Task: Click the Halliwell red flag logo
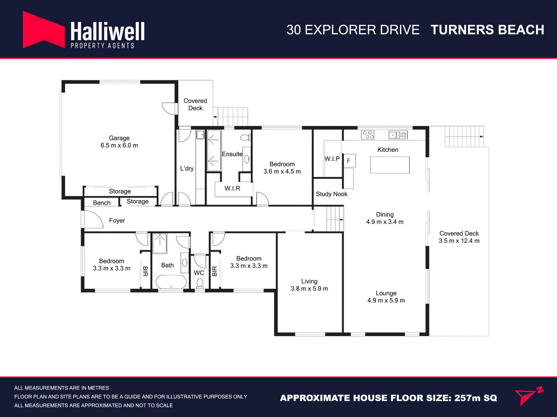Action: point(44,30)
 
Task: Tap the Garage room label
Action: point(119,138)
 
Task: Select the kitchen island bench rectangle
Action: point(390,165)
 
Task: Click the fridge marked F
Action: point(349,160)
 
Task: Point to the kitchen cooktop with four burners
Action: point(368,135)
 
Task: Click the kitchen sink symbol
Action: point(398,135)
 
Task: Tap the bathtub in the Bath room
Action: point(171,282)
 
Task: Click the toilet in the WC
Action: point(200,283)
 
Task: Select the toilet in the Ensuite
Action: point(246,137)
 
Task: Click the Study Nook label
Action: point(332,194)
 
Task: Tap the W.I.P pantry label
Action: point(332,159)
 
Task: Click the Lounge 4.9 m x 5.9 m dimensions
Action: point(386,301)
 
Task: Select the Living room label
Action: point(309,281)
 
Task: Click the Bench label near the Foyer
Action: point(102,203)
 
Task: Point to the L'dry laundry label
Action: point(187,169)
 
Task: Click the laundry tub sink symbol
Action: point(200,135)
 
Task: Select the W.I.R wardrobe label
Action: point(232,189)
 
